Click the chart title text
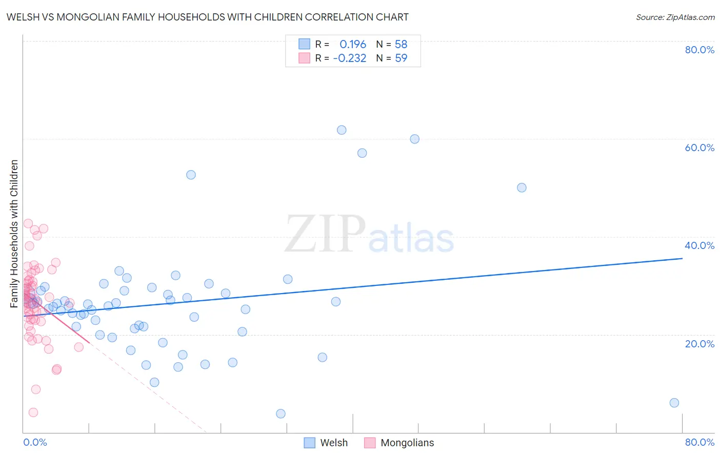pos(207,17)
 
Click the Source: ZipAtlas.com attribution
pos(675,17)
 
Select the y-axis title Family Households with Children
pos(14,234)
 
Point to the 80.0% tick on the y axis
pos(699,50)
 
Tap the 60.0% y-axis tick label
pos(699,148)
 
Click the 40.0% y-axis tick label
pos(699,245)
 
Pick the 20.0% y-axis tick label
pos(699,344)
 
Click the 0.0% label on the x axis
pos(35,442)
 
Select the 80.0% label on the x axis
pos(699,442)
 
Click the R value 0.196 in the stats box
pos(353,44)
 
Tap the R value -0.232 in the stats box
pos(350,58)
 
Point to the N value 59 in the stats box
pos(401,58)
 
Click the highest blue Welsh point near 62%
pos(342,130)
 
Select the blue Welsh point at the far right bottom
pos(674,403)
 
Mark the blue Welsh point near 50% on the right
pos(522,188)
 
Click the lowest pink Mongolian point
pos(33,412)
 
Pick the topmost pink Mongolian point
pos(28,223)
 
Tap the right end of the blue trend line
pos(682,258)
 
